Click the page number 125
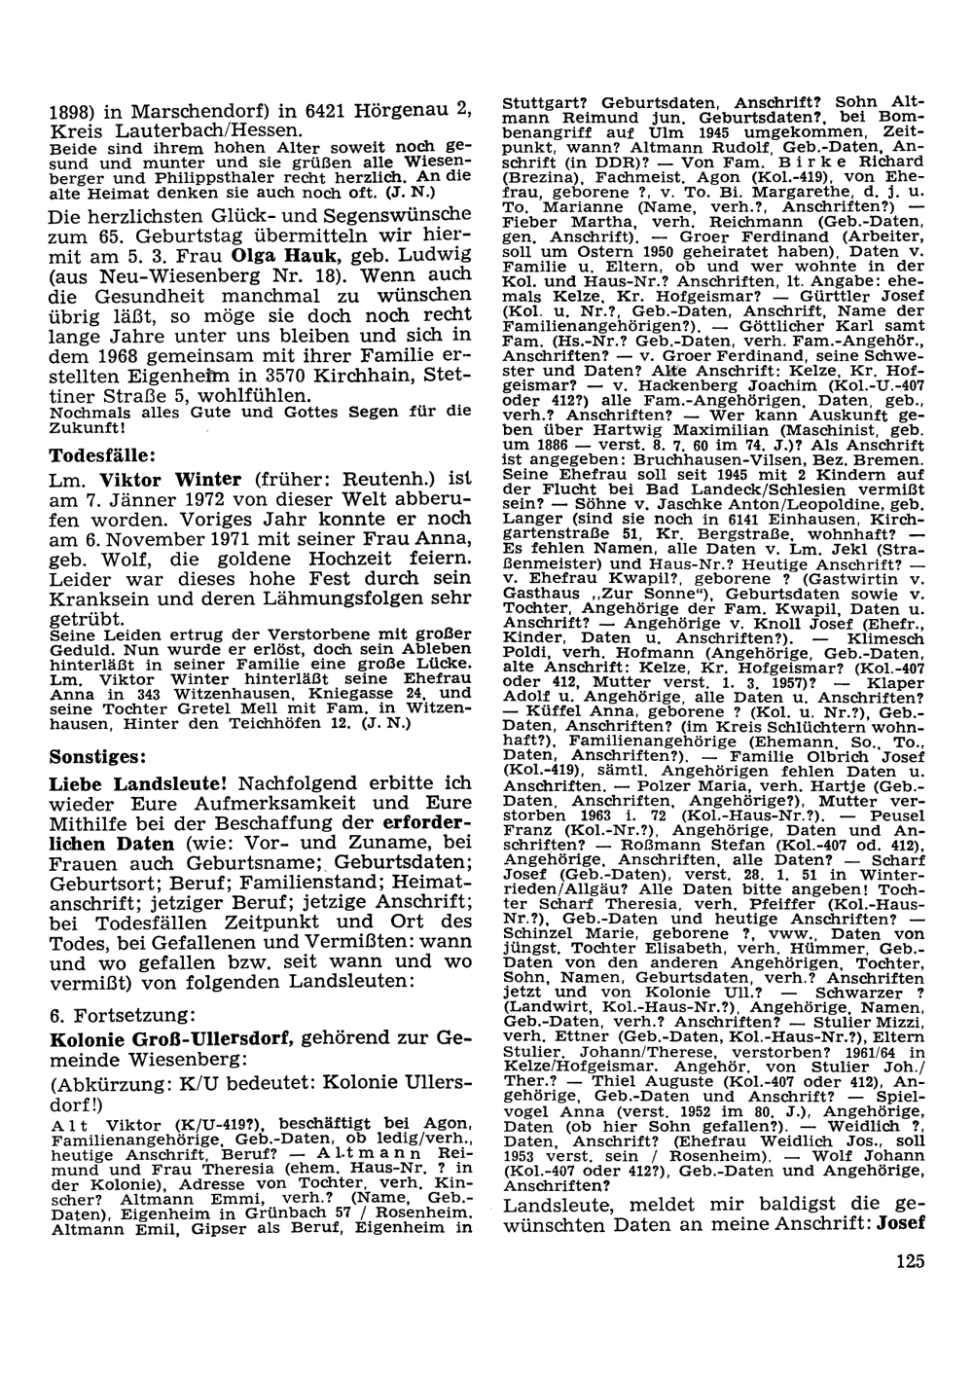coord(905,1263)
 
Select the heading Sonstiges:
coord(97,755)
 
